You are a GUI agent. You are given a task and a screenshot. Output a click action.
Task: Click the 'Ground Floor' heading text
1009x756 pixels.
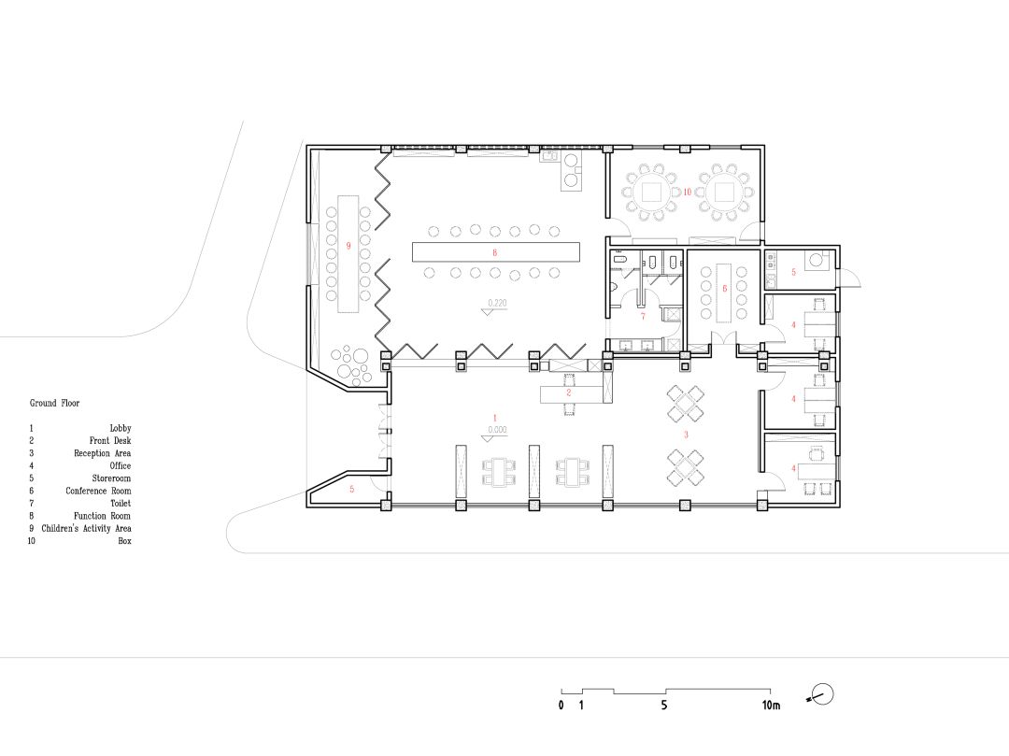click(55, 403)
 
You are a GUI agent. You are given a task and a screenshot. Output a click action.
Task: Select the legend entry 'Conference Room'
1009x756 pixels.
click(98, 491)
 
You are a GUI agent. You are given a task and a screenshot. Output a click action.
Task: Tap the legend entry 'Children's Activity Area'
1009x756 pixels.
click(86, 528)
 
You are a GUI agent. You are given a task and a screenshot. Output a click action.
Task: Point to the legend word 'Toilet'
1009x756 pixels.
click(121, 503)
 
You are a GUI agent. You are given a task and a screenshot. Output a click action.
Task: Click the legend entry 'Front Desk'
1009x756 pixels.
click(110, 441)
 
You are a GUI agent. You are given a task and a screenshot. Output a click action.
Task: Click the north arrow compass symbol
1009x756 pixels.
click(821, 695)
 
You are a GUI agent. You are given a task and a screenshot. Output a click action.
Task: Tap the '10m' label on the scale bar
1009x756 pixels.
click(771, 706)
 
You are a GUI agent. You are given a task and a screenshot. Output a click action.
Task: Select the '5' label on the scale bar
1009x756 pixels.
click(664, 706)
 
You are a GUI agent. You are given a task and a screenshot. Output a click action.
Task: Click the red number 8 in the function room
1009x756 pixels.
click(494, 253)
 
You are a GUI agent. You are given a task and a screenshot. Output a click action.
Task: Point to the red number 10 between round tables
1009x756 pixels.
click(688, 192)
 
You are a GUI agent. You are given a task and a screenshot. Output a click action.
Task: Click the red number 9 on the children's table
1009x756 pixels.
click(348, 246)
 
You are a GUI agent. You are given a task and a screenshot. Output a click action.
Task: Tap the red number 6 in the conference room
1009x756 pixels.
click(725, 289)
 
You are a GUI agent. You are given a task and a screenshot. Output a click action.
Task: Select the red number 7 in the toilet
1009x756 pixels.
click(643, 316)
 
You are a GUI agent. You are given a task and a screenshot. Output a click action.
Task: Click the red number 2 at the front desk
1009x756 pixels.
click(569, 392)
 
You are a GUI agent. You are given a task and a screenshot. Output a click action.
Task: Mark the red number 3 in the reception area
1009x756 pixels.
click(686, 435)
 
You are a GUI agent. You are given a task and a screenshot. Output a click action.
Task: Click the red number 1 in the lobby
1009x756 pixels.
click(495, 419)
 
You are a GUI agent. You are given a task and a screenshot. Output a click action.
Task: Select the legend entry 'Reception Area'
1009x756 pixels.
click(103, 453)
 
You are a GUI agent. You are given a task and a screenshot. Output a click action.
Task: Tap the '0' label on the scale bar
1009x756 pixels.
click(561, 706)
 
